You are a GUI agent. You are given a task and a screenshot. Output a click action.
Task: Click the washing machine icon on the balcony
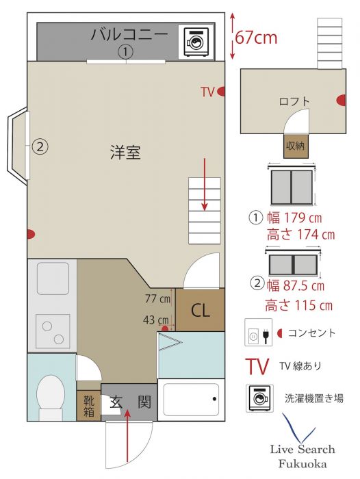[196, 42]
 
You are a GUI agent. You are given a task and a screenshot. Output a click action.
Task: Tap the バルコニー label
[129, 34]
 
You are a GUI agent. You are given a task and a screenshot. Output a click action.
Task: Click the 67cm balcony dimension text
[256, 38]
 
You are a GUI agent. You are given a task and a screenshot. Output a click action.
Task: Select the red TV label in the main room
[207, 92]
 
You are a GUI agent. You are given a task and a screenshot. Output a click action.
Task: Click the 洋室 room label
[126, 153]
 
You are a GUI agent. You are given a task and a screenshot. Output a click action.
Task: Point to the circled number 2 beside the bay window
[40, 146]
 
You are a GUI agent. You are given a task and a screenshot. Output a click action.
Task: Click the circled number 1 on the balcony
[126, 52]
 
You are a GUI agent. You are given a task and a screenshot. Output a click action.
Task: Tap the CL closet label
[200, 311]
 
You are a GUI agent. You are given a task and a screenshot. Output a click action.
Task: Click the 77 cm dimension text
[157, 298]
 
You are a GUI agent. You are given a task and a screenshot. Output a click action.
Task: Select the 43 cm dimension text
[156, 320]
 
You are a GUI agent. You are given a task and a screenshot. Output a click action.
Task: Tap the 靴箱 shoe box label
[89, 406]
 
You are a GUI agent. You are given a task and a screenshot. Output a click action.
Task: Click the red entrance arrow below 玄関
[127, 436]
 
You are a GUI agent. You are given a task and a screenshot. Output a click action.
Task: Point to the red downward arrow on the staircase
[205, 184]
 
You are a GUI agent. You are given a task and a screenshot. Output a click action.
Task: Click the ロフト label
[294, 101]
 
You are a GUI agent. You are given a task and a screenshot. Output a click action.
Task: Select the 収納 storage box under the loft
[296, 146]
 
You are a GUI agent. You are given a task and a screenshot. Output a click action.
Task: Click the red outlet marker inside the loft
[342, 100]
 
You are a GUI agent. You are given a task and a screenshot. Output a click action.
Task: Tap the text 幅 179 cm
[294, 218]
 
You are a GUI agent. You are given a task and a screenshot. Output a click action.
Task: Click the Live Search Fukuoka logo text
[302, 456]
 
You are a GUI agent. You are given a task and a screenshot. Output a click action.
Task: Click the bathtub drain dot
[214, 399]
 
